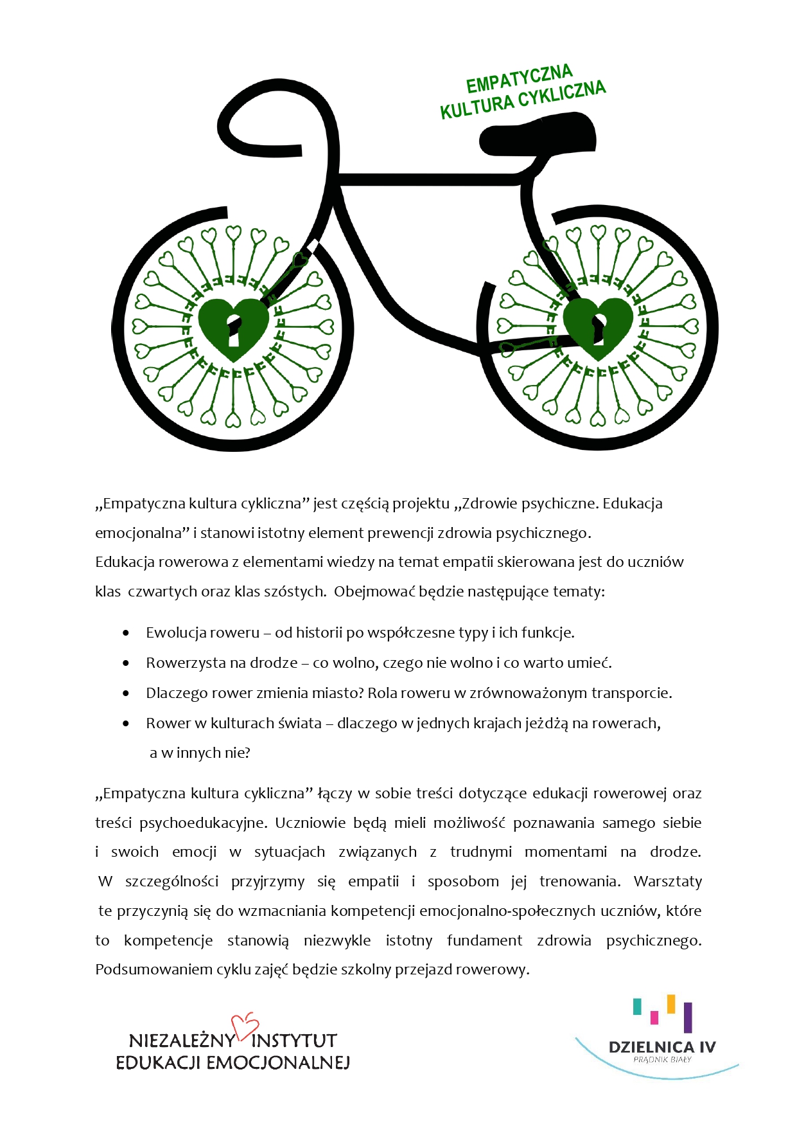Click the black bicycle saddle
[x=538, y=137]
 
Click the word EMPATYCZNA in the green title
[x=519, y=79]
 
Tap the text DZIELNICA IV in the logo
[x=662, y=1047]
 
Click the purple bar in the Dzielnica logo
[x=688, y=1017]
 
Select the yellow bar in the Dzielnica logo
[x=671, y=1004]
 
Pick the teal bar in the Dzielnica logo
[x=637, y=1007]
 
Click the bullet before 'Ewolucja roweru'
[x=126, y=633]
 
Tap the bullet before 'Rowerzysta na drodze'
[x=126, y=663]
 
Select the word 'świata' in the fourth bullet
[x=300, y=723]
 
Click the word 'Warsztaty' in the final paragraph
[x=668, y=881]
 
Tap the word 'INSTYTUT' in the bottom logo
[x=294, y=1041]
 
